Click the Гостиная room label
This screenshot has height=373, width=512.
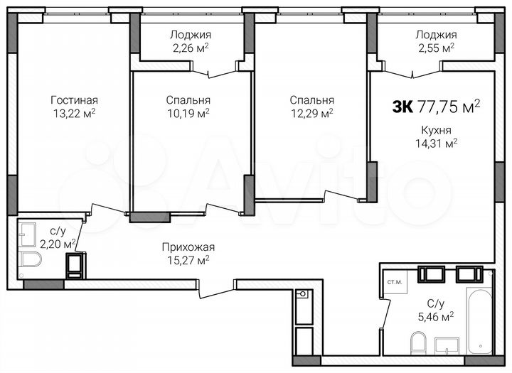(74, 99)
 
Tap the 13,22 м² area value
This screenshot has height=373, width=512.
(74, 112)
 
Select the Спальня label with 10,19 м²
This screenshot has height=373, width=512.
(188, 100)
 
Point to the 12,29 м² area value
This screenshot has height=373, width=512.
(311, 112)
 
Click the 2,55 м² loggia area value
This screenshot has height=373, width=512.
(434, 48)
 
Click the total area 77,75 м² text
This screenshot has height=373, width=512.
(447, 107)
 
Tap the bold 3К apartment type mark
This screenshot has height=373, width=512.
(401, 107)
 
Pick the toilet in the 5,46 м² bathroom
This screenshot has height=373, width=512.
(417, 345)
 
